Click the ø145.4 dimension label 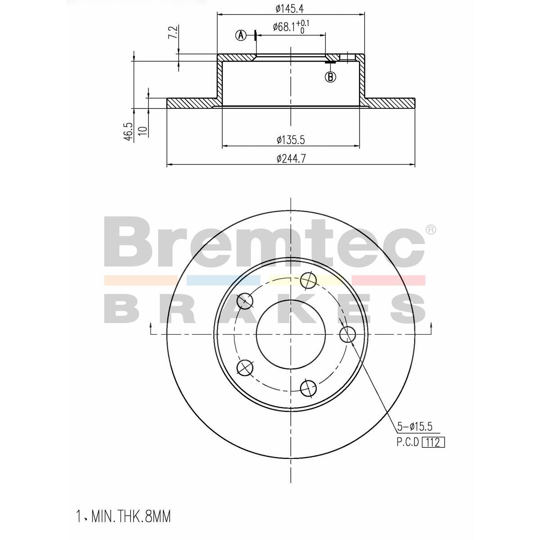click(291, 8)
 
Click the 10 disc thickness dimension click(143, 131)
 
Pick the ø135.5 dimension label click(291, 140)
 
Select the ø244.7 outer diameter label click(291, 159)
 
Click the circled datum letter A click(242, 35)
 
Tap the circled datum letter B click(330, 77)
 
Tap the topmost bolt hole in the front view click(309, 281)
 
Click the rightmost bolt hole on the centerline click(347, 334)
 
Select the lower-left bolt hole click(245, 368)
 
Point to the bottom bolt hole click(308, 388)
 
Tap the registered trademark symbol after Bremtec click(431, 230)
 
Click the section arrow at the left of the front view click(150, 328)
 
